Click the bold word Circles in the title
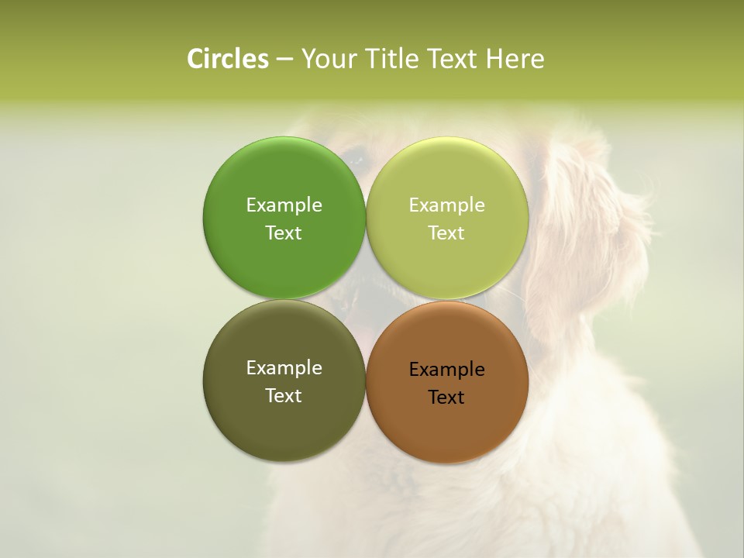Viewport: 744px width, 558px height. tap(228, 59)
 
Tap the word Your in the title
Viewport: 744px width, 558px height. tap(327, 59)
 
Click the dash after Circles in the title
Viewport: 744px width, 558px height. tap(284, 60)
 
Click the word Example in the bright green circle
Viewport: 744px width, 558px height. tap(284, 205)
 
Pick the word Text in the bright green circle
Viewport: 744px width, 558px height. tap(284, 233)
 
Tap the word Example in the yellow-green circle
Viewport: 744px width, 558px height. tap(447, 205)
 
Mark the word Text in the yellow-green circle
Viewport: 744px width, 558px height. tap(447, 233)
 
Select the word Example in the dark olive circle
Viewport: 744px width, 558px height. tap(284, 368)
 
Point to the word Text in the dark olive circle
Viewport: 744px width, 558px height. tap(284, 396)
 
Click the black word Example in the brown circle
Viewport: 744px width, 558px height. tap(447, 370)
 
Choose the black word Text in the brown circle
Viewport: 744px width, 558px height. tap(447, 398)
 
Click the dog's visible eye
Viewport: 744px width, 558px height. tap(356, 160)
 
